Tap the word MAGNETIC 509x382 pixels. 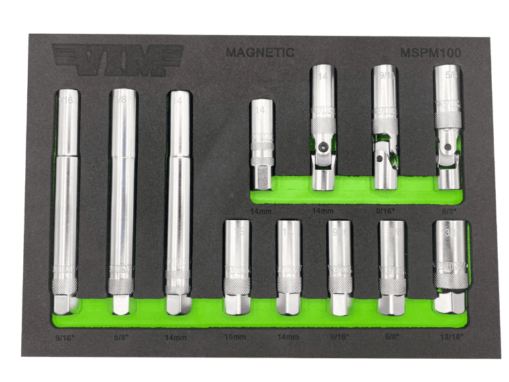coord(260,52)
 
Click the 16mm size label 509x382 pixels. coord(236,338)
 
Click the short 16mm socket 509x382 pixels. coord(237,265)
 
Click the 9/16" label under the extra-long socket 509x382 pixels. coord(66,338)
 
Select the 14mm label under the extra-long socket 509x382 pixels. coord(176,338)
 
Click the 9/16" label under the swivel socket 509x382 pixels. coord(384,210)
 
